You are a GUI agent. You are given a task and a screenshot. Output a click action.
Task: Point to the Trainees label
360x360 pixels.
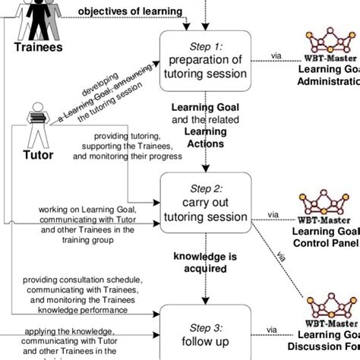pos(37,47)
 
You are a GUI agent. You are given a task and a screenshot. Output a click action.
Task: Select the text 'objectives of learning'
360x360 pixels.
pos(131,11)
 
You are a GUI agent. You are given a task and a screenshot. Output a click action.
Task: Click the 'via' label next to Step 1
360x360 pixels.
pos(278,55)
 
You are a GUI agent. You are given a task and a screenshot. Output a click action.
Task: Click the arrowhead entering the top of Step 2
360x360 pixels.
pos(205,169)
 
